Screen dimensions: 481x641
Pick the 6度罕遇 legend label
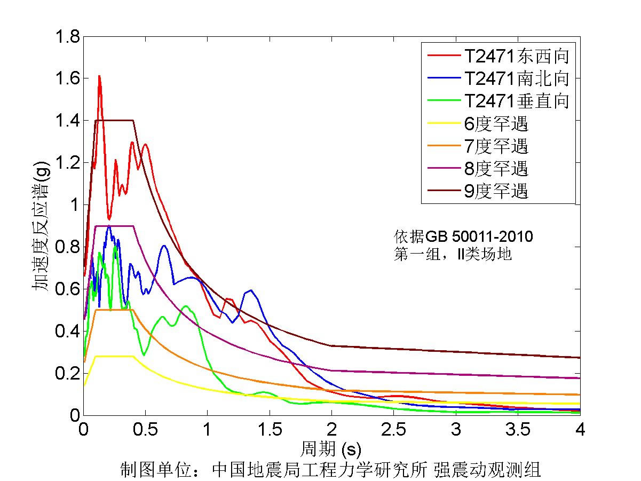click(496, 123)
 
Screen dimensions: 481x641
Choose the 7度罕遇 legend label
click(496, 146)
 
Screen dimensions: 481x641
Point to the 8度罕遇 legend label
click(496, 168)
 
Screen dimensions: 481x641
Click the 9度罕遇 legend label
click(496, 191)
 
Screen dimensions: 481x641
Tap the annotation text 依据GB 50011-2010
click(464, 236)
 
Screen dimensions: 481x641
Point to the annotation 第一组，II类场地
click(453, 254)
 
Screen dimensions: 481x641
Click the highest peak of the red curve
click(99, 76)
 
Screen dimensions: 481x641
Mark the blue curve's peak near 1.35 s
click(250, 290)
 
